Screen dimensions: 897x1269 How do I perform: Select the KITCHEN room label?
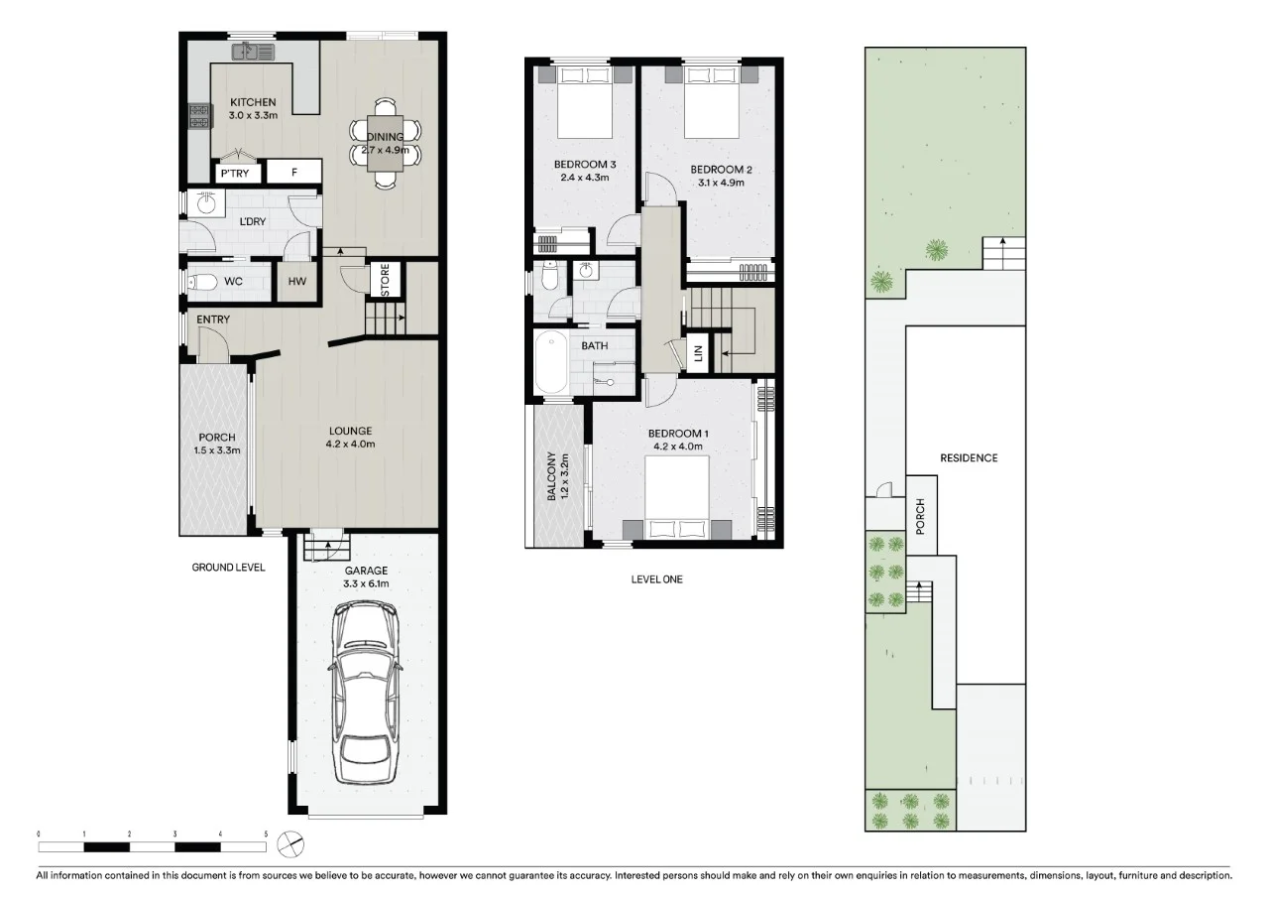tap(253, 103)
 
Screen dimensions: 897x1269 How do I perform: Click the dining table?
tap(386, 145)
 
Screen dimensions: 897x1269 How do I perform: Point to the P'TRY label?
tap(235, 174)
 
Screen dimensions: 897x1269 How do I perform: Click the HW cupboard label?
tap(296, 282)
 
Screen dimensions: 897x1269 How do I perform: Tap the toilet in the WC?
tap(203, 282)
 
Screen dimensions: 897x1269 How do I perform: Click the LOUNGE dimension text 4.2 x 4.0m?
tap(351, 444)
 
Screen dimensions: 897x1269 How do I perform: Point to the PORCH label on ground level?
tap(217, 438)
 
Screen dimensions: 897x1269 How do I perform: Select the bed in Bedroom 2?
tap(712, 101)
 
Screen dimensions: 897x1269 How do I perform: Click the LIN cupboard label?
tap(698, 353)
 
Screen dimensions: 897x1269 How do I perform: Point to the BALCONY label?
tap(551, 477)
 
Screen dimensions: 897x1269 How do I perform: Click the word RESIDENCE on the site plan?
tap(969, 458)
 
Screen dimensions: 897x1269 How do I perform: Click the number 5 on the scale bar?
tap(266, 834)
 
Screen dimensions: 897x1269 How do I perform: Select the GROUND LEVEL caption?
tap(228, 568)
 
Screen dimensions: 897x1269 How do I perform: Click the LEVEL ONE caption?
tap(656, 579)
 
